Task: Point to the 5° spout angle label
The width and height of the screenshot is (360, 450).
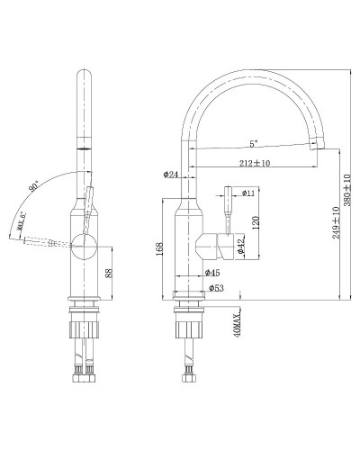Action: pos(253,143)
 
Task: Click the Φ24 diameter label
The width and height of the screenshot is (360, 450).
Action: pos(171,175)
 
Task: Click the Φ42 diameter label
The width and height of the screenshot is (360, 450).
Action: pos(240,244)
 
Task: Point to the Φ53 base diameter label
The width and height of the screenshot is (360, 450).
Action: pos(216,288)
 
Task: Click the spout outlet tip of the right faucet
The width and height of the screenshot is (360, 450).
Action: pos(317,145)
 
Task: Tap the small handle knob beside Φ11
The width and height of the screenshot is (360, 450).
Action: pos(228,192)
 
